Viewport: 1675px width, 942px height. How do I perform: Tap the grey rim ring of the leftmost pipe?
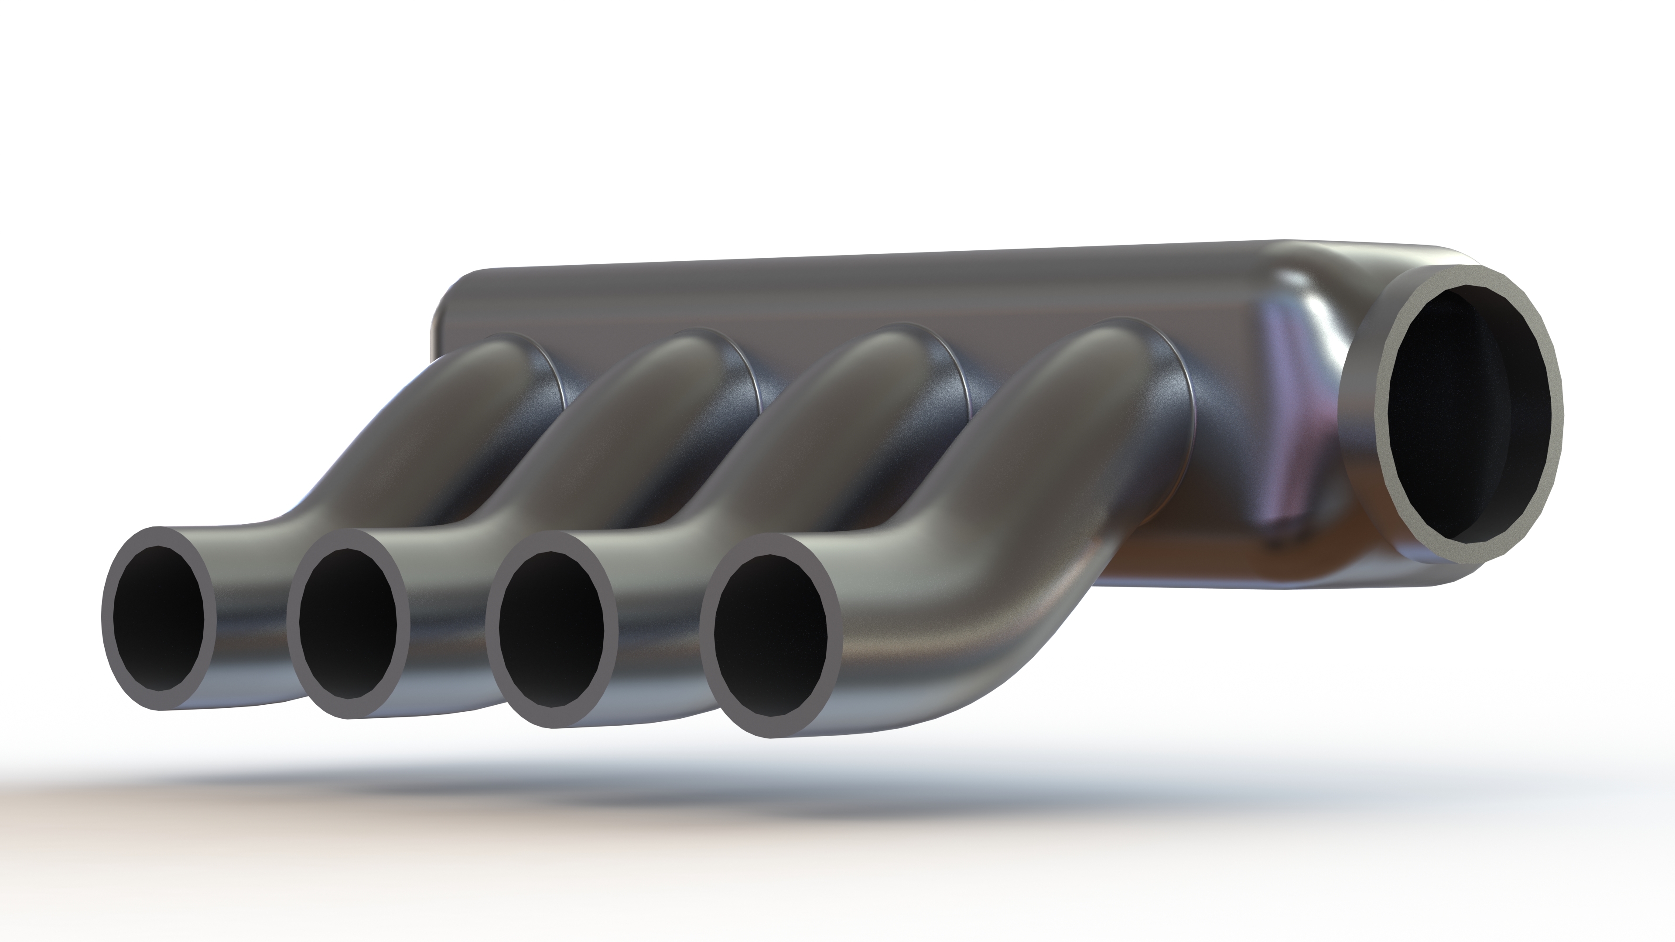click(x=108, y=618)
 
